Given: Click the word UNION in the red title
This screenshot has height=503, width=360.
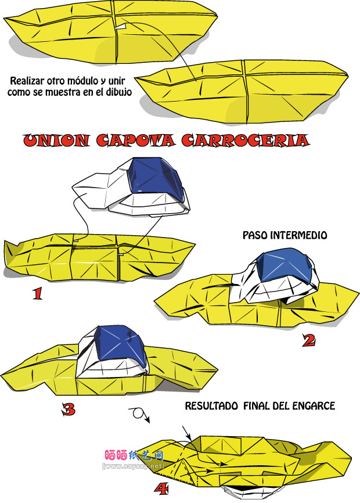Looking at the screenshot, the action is point(56,141).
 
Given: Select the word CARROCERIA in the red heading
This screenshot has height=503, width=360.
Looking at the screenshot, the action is point(245,141).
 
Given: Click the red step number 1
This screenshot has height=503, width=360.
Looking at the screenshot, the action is point(38,293).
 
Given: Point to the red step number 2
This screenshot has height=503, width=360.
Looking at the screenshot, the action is point(309,340).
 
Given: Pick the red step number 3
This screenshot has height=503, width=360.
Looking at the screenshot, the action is point(69,409).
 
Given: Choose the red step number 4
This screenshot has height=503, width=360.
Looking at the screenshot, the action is point(161,489).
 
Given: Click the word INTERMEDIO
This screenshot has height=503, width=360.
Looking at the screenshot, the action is point(299,235).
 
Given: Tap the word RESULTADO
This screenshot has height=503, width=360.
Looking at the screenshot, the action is point(211,406).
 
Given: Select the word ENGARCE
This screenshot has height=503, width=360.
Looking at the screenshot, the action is point(314,406).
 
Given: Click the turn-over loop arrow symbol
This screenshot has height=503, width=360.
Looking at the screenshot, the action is point(139,414).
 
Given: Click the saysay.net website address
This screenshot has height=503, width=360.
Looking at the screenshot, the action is point(133,466).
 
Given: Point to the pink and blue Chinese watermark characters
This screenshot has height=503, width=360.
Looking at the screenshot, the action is point(134,455).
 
